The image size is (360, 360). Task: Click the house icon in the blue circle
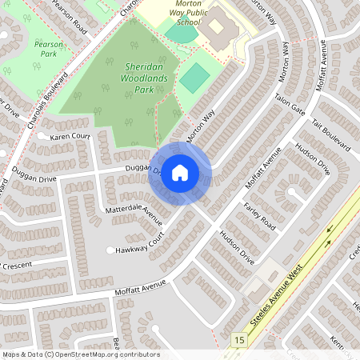click(180, 173)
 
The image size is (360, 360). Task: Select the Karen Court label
click(70, 137)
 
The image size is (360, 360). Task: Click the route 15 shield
click(238, 341)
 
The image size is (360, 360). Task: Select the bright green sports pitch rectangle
click(194, 78)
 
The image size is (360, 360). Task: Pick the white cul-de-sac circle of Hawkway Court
click(110, 250)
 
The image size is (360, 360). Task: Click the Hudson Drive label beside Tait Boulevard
click(312, 158)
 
